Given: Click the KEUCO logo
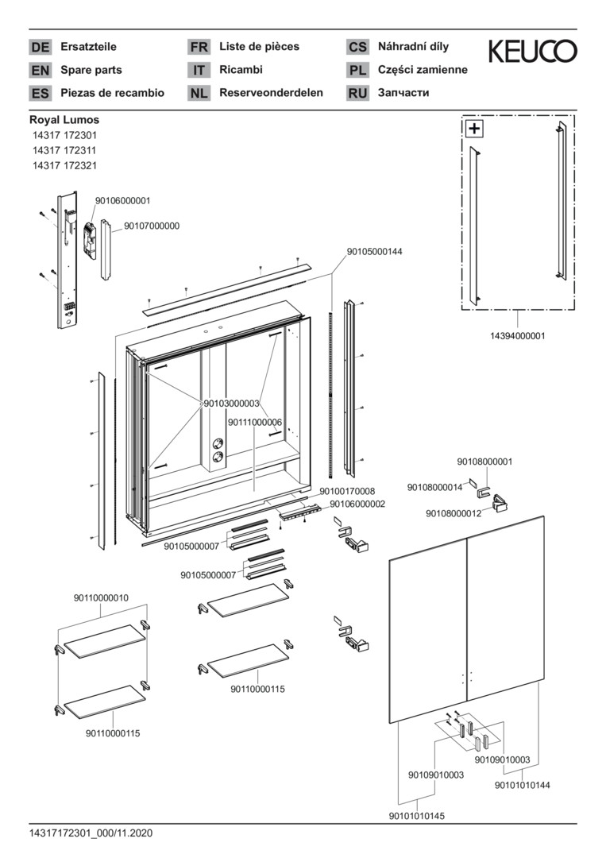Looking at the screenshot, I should (532, 52).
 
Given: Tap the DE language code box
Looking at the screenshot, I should (40, 47).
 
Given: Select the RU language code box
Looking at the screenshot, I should (357, 93).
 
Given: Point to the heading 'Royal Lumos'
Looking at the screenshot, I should (64, 120).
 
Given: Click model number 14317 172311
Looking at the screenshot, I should (64, 150).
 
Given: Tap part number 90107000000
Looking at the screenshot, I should (152, 226).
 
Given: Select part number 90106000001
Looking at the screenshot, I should (122, 201).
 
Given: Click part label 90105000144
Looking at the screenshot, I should (374, 251).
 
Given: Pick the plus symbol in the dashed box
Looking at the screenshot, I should (474, 128).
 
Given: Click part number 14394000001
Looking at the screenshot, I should (518, 336).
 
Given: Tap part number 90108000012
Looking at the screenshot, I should (454, 513).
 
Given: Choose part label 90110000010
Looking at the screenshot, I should (101, 597).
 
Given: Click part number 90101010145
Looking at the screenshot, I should (417, 816).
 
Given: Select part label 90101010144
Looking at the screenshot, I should (523, 785).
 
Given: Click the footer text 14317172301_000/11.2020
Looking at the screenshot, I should (91, 834).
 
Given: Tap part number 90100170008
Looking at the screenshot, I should (347, 491).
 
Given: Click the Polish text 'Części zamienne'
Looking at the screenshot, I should (423, 70).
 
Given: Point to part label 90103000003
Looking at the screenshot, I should (231, 404).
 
